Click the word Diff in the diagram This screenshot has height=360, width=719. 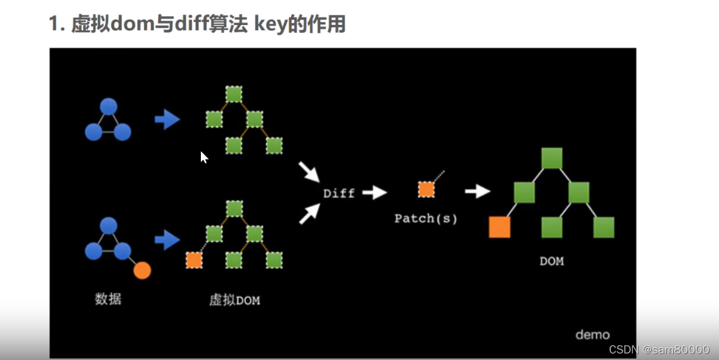click(339, 193)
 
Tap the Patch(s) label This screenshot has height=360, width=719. click(426, 219)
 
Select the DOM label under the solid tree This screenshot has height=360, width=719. click(551, 261)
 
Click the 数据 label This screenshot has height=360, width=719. click(108, 299)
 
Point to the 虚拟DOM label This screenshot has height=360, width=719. click(234, 300)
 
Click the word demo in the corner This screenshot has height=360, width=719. click(592, 335)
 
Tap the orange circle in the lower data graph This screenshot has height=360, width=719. click(142, 271)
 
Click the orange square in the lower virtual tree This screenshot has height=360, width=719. click(194, 260)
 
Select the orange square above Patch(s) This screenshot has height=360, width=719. click(426, 190)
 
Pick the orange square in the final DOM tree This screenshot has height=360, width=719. click(499, 228)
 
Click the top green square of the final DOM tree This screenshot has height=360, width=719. click(551, 158)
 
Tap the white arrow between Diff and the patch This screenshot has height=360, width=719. click(374, 192)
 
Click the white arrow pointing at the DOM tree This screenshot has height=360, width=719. click(477, 191)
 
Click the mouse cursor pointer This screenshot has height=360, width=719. click(204, 157)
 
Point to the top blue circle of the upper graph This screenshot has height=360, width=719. click(108, 106)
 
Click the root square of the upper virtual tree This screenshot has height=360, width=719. click(234, 94)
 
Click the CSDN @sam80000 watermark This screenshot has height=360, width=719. click(659, 350)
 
